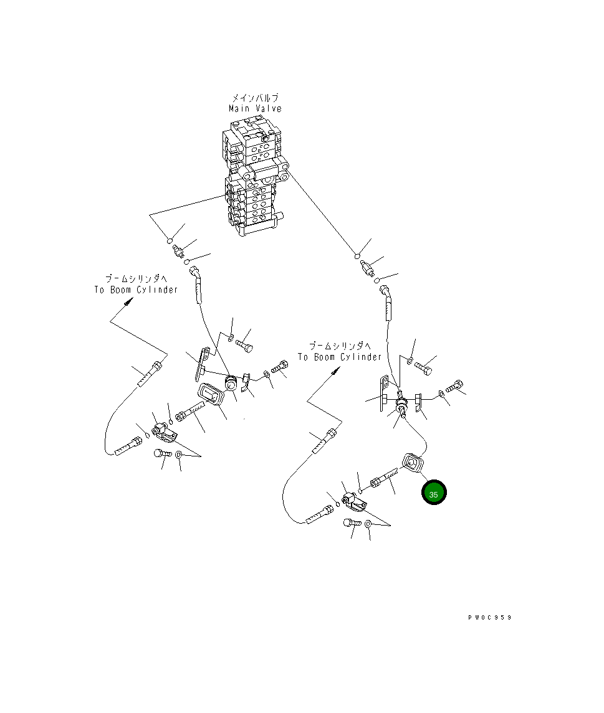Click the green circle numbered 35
tap(434, 493)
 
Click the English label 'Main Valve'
tap(255, 108)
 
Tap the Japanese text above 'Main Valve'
tap(255, 98)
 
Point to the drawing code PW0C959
tap(490, 617)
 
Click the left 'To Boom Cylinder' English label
tap(137, 290)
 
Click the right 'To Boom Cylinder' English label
tap(339, 357)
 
